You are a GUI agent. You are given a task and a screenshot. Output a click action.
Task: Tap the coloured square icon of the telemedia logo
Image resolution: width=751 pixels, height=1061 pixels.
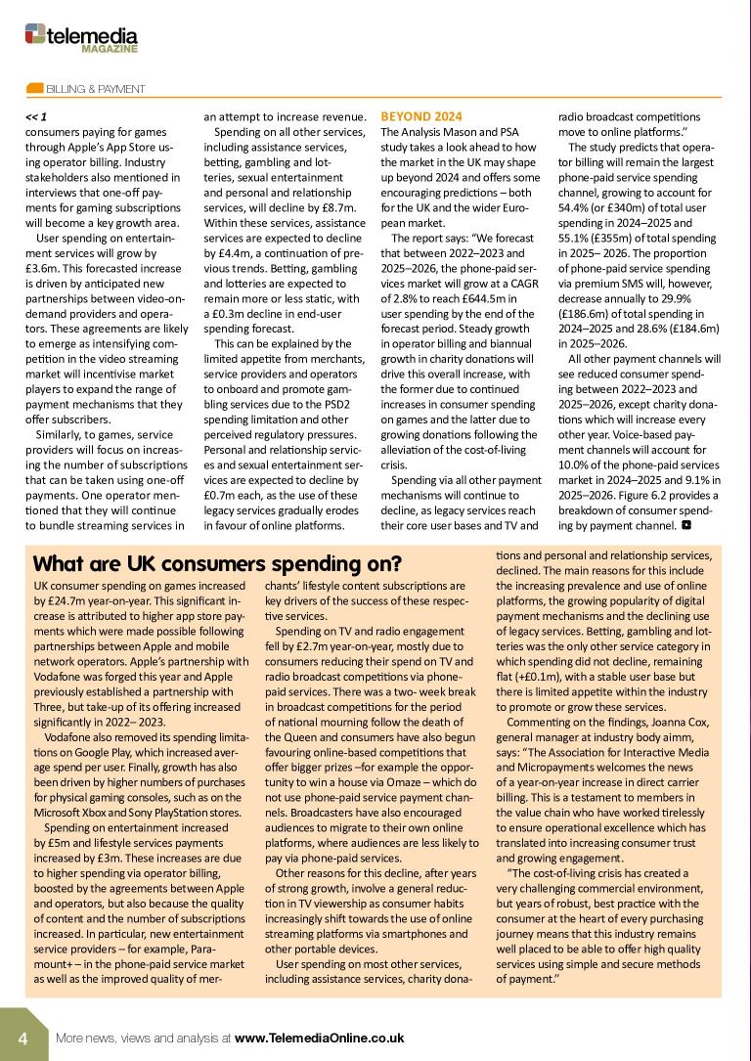tap(33, 33)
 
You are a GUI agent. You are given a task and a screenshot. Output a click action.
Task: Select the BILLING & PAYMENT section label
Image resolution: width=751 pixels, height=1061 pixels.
tap(96, 89)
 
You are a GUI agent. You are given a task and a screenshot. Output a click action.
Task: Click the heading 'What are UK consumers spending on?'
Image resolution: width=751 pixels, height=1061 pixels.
tap(217, 564)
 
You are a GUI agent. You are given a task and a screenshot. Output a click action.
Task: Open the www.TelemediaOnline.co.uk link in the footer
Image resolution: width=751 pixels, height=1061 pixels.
tap(320, 1038)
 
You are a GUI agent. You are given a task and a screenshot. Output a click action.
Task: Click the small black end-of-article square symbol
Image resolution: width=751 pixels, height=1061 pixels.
tap(685, 525)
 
